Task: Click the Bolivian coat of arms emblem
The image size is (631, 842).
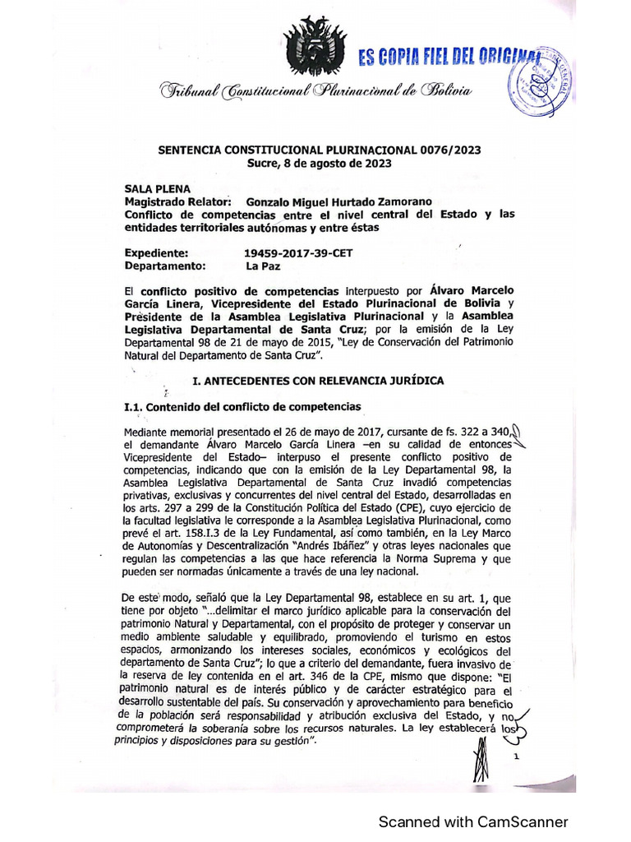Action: pyautogui.click(x=315, y=47)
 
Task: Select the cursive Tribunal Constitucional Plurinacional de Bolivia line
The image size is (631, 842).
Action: pyautogui.click(x=316, y=91)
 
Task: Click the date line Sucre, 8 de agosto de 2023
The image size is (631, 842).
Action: pyautogui.click(x=320, y=163)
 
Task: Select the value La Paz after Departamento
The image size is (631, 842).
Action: pyautogui.click(x=264, y=266)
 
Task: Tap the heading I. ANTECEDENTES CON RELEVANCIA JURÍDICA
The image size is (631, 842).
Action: pyautogui.click(x=317, y=381)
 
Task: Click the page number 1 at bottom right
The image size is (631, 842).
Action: pyautogui.click(x=516, y=757)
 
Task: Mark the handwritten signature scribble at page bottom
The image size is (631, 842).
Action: pyautogui.click(x=483, y=761)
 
